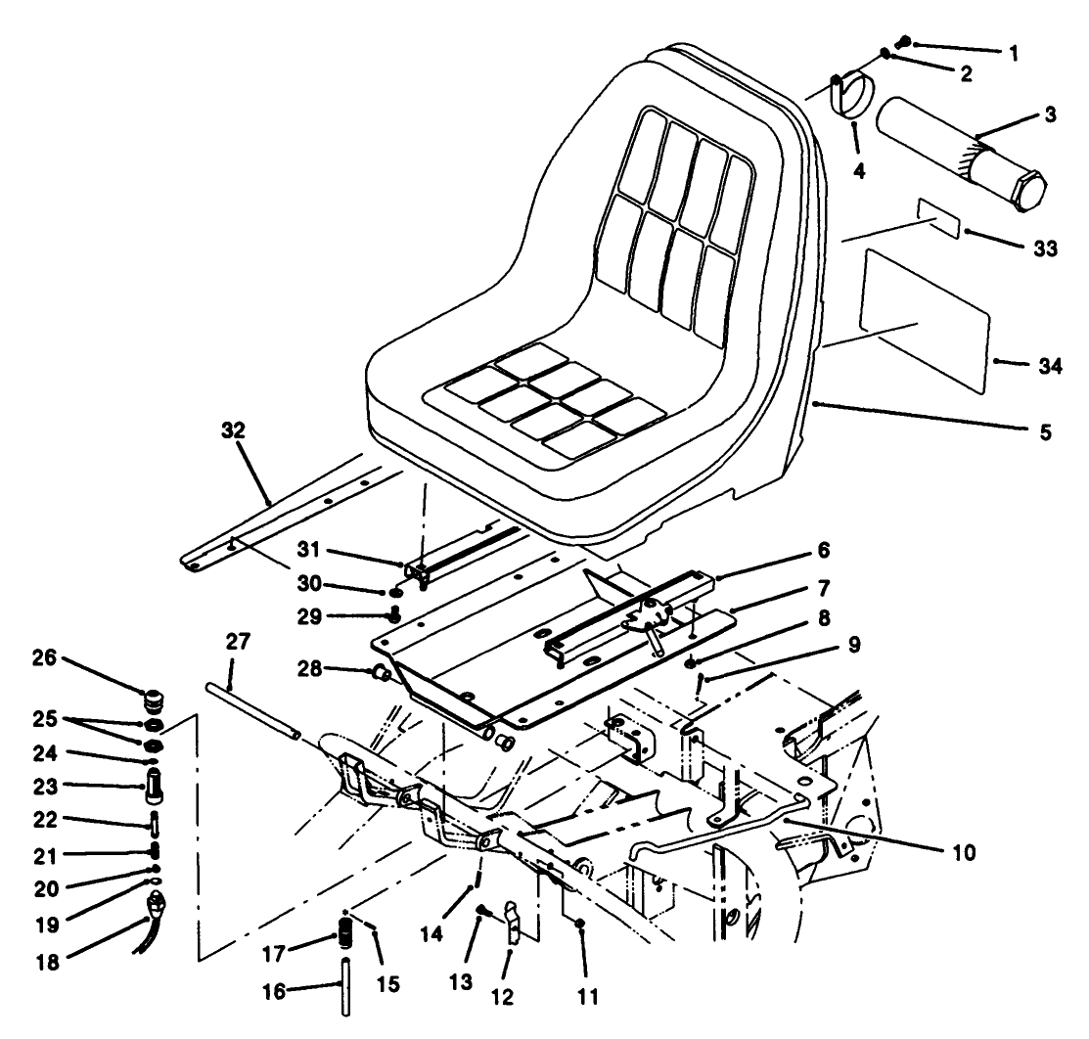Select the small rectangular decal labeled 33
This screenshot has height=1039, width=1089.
937,216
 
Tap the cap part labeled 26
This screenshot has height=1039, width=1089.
152,703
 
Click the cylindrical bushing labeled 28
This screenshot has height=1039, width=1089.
382,674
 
